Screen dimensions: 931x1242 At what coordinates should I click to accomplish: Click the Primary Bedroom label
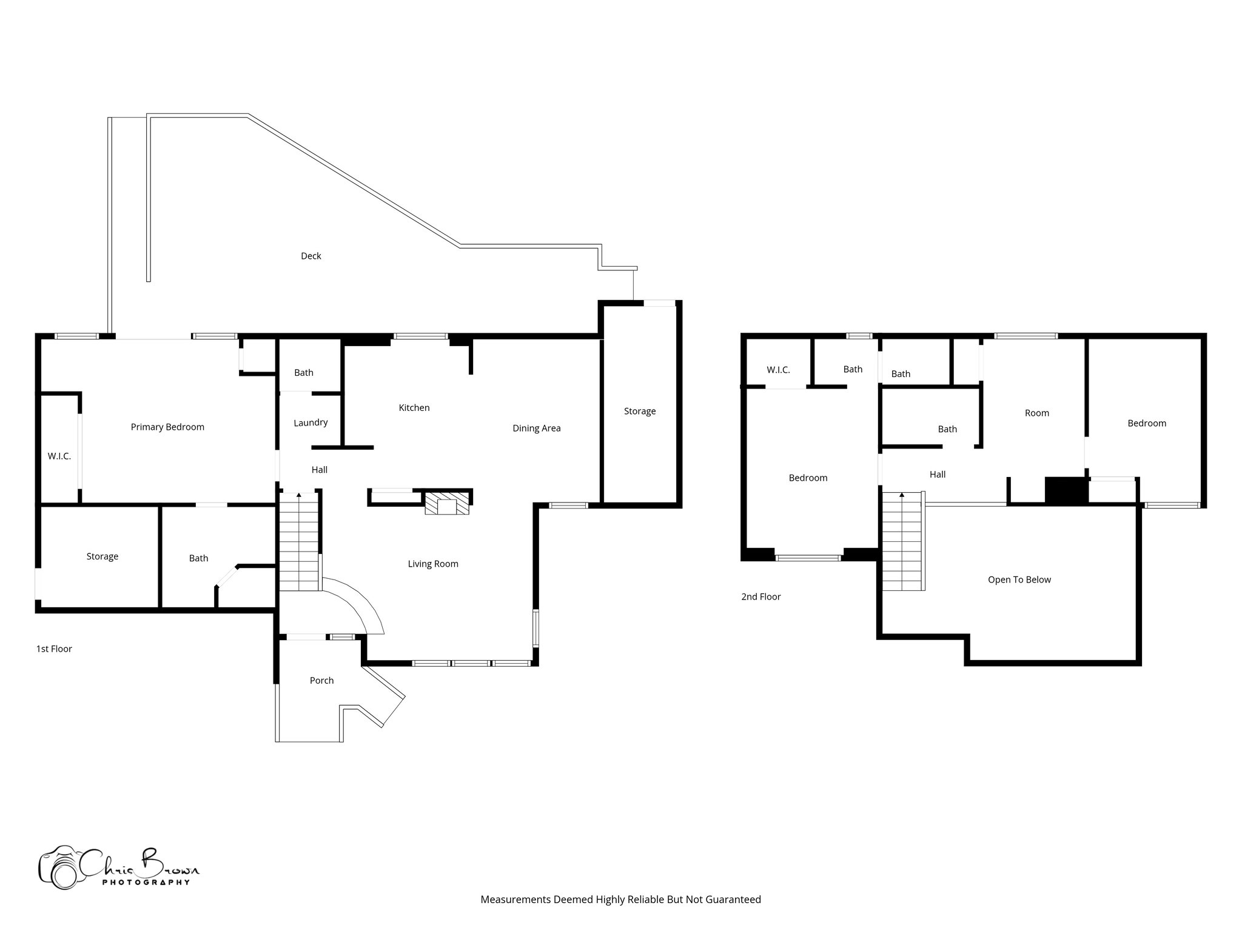(167, 427)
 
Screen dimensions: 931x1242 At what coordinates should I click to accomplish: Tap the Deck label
(310, 256)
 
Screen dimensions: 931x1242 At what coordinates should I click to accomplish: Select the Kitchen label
(414, 408)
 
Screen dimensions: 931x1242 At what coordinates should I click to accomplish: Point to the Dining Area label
(536, 429)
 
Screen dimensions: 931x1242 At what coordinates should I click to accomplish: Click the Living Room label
(432, 564)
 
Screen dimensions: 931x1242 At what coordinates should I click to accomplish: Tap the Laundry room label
(310, 423)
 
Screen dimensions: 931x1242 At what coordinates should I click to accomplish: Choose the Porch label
(321, 681)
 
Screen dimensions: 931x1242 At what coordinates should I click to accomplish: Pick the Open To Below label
(1019, 580)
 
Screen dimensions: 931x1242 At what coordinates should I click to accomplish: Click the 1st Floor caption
(54, 649)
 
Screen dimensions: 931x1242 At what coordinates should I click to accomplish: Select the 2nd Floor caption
(760, 597)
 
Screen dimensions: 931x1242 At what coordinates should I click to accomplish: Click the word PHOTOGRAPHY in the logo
(146, 883)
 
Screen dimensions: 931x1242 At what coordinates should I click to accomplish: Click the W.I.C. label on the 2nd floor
(778, 370)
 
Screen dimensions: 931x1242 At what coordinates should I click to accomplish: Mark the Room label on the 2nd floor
(1036, 413)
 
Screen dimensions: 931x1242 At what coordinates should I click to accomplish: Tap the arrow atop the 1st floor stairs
(298, 496)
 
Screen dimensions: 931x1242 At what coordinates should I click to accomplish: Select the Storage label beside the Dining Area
(640, 412)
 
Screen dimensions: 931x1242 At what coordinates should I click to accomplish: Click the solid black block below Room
(1066, 490)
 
